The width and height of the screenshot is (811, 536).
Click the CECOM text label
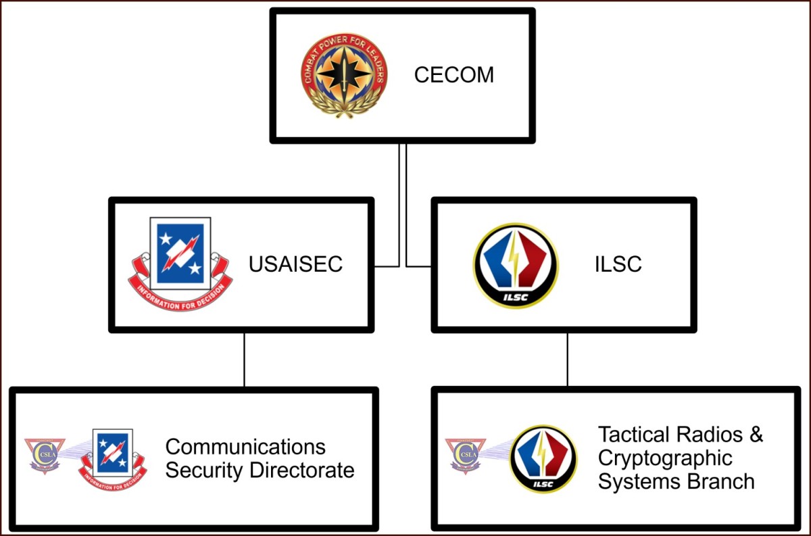tap(453, 74)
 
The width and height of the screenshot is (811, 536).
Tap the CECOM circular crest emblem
tap(344, 75)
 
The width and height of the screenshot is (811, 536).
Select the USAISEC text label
tap(295, 264)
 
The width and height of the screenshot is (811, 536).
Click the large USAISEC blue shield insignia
tap(180, 264)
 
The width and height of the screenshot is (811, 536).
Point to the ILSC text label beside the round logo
tap(618, 264)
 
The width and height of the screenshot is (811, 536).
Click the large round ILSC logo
tap(516, 266)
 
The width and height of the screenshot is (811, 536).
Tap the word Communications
tap(245, 447)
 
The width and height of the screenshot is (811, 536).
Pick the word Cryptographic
tap(665, 458)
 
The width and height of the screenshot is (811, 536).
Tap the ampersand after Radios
tap(756, 434)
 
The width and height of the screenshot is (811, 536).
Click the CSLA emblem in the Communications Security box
tap(45, 456)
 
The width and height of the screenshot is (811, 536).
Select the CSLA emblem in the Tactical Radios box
tap(466, 456)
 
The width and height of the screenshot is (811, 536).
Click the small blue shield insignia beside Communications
tap(113, 460)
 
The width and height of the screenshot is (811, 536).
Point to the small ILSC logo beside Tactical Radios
tap(543, 459)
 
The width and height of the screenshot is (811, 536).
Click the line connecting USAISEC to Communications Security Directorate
tap(244, 360)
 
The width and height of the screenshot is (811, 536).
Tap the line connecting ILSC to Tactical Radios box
tap(567, 360)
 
